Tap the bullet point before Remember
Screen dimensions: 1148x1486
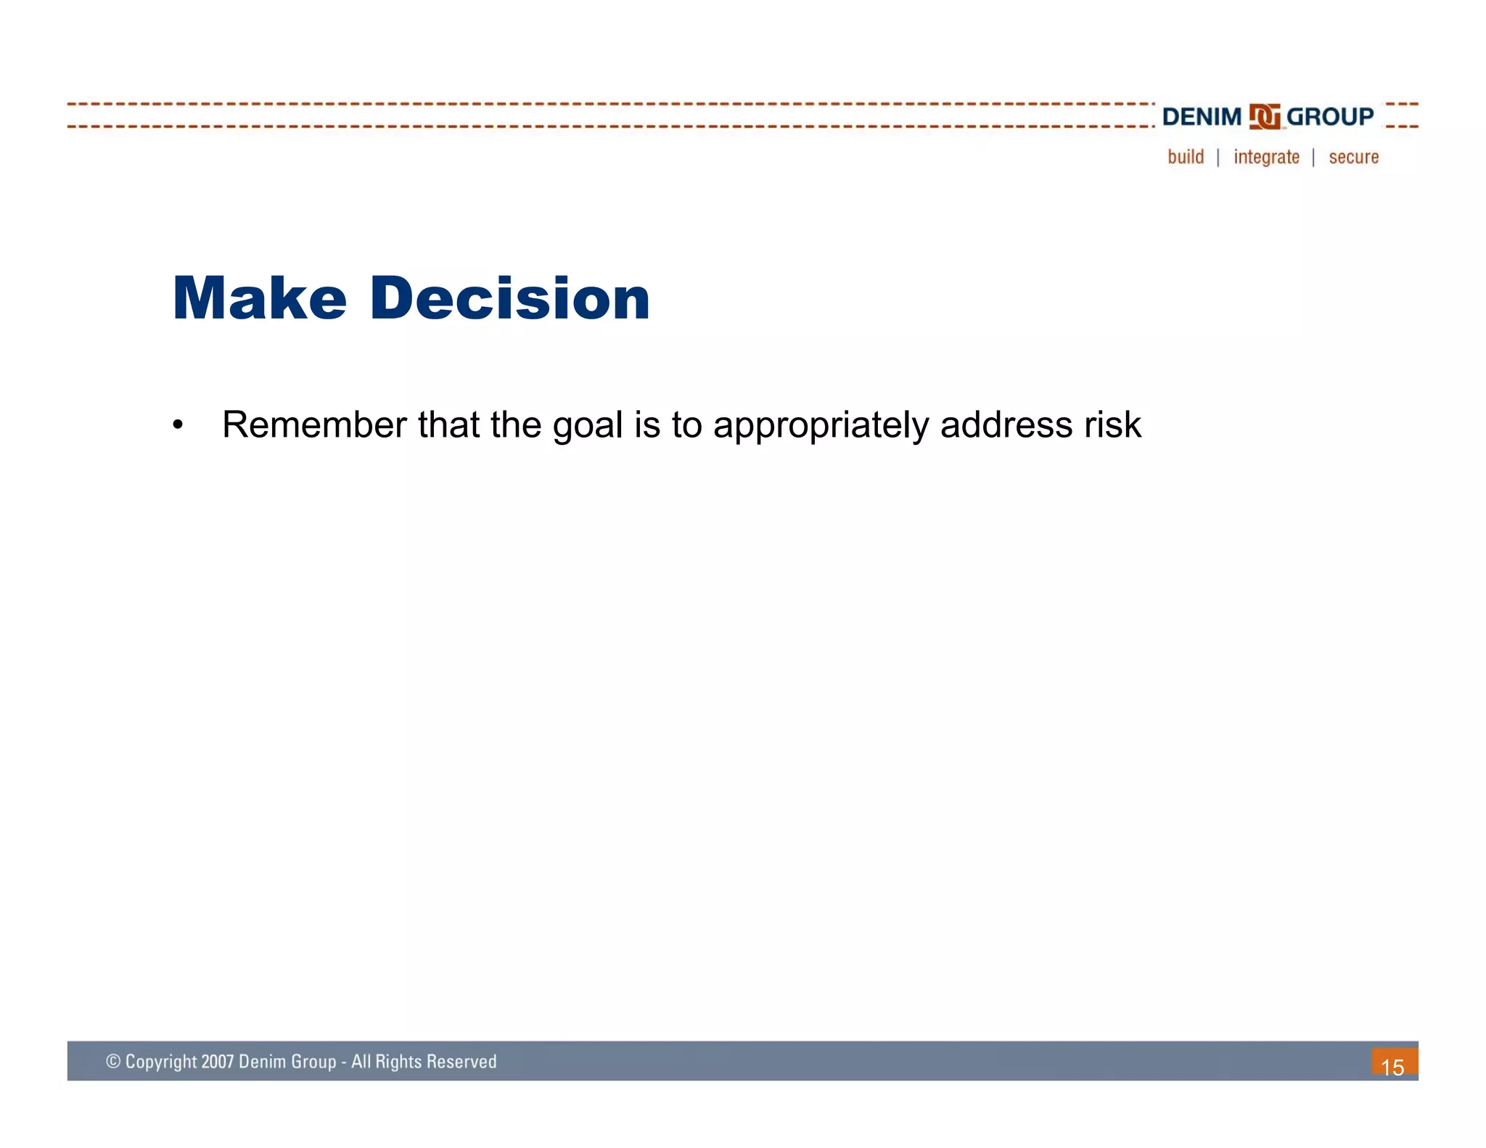[178, 425]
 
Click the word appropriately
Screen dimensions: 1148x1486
[821, 426]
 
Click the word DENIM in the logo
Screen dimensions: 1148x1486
[1202, 117]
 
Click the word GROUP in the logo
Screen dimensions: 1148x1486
[1330, 117]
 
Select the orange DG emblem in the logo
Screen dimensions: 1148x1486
[1265, 117]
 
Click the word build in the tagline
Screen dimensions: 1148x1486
[1186, 157]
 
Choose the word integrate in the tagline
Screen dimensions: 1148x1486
[1266, 157]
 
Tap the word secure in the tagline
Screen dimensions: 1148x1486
[1353, 157]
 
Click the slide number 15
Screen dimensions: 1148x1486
[1392, 1067]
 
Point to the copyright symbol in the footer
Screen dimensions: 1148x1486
[113, 1062]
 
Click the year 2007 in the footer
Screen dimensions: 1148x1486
[218, 1062]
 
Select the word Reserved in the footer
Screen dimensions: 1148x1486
[461, 1062]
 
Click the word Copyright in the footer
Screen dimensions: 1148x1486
[161, 1062]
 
